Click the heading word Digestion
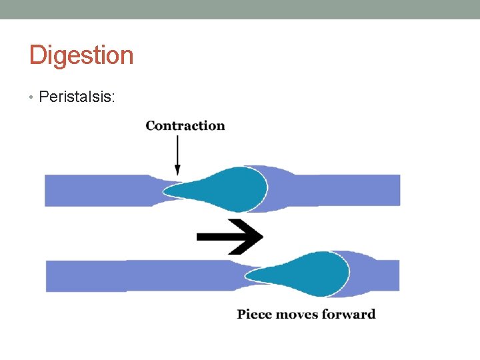81,55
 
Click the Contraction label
185,126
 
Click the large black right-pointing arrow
230,236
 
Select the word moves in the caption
298,314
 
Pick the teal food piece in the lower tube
313,273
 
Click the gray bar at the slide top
240,9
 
